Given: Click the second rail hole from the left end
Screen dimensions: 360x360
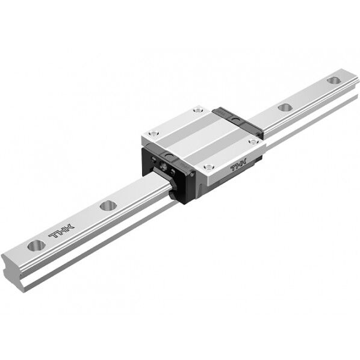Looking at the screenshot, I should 108,205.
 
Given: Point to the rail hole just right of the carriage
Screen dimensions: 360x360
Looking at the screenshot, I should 285,107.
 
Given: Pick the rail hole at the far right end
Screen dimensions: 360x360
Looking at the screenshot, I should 333,79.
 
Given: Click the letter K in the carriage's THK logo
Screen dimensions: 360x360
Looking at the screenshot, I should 246,164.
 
